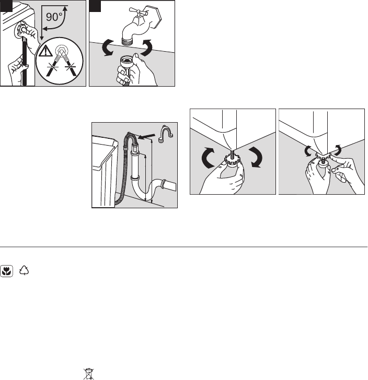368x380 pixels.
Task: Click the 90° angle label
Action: point(54,17)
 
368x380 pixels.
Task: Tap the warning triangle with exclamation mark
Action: point(45,51)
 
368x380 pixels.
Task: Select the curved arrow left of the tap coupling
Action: point(108,48)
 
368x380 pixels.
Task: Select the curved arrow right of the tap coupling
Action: point(147,48)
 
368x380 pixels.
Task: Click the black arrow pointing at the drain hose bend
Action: point(146,137)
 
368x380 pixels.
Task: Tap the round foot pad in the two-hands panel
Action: point(324,163)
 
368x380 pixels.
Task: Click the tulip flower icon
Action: point(7,271)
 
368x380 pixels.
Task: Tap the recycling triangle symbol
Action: point(24,270)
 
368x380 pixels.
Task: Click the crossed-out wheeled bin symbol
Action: point(88,374)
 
